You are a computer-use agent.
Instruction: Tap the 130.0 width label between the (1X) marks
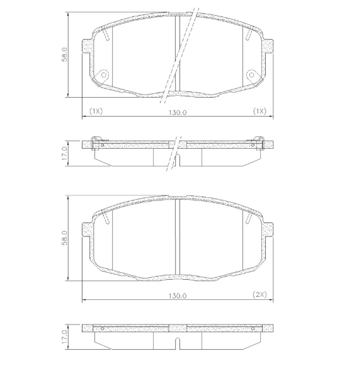coord(178,112)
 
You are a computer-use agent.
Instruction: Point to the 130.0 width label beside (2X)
coord(178,295)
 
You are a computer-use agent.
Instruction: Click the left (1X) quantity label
coord(96,111)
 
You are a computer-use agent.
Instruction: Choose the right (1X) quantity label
coord(259,111)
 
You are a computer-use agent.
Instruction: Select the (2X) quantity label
coord(259,295)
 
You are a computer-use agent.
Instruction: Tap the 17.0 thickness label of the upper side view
coord(64,153)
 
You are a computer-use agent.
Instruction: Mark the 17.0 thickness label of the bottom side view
coord(64,335)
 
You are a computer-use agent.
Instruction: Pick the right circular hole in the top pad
coord(252,75)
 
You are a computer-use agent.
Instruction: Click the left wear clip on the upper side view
coord(96,143)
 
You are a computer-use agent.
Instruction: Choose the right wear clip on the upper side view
coord(258,143)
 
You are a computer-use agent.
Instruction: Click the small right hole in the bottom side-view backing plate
coord(253,328)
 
